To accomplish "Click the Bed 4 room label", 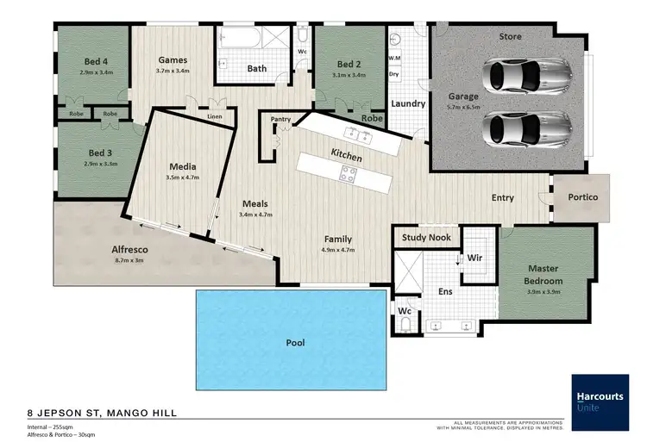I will pos(95,61).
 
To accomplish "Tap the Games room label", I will pos(173,60).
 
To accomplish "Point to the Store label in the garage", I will pos(511,37).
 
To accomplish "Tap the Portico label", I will pos(581,197).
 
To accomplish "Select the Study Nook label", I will pos(427,237).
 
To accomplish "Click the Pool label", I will pos(295,343).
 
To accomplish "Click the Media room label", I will pos(182,166).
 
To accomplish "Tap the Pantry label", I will pos(280,120).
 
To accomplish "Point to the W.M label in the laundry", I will pos(396,59).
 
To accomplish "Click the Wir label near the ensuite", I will pos(474,258).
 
